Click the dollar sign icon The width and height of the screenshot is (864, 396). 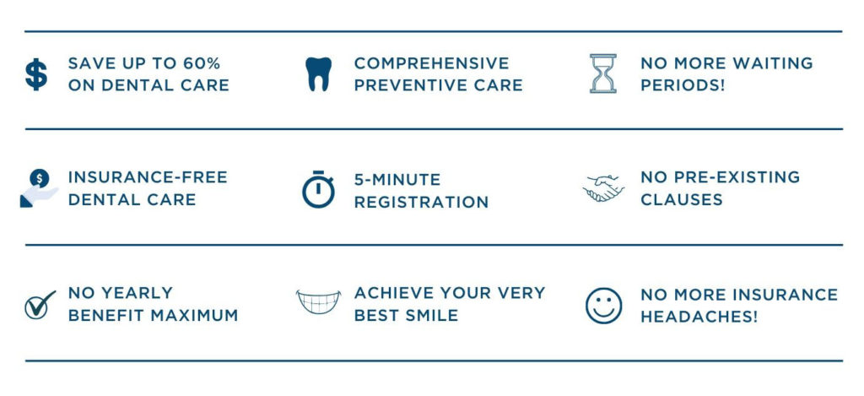coord(36,74)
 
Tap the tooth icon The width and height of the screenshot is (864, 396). coord(318,74)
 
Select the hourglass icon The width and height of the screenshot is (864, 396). coord(602,73)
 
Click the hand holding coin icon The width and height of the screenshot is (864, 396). coord(38,187)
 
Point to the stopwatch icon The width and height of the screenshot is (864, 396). coord(318,189)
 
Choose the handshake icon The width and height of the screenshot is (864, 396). coord(604,188)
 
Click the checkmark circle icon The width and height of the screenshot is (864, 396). coord(39,304)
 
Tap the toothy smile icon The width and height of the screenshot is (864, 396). coord(318,302)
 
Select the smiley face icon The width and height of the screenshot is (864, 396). coord(603,305)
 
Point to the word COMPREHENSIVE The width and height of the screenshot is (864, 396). coord(431,63)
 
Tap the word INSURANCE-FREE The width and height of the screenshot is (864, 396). coord(148,177)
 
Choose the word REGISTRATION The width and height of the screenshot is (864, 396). coord(421,203)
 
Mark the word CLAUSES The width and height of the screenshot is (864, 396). coord(681,200)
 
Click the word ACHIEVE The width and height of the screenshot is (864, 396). coord(393,293)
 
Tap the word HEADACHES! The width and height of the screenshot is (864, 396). coord(699,317)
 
